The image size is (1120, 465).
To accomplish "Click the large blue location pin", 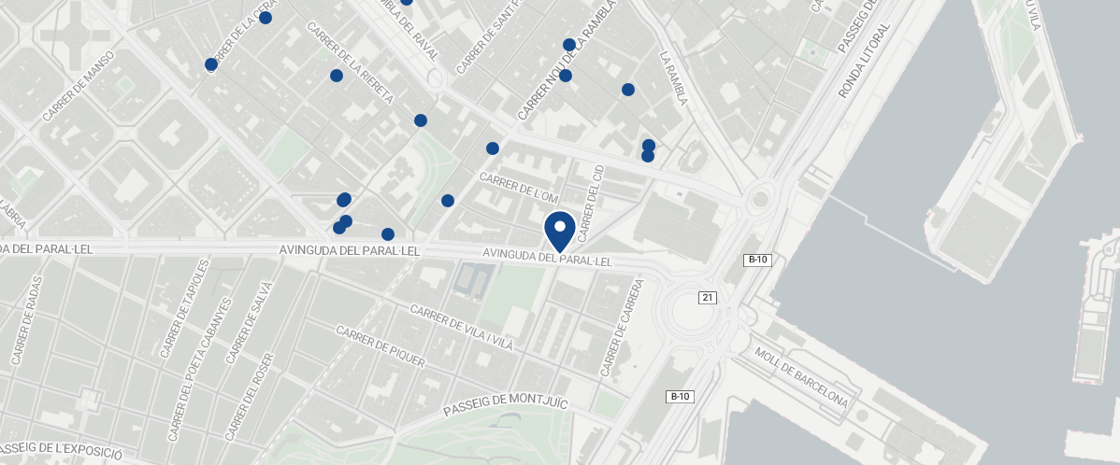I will pyautogui.click(x=560, y=230).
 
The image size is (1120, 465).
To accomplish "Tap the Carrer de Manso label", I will pyautogui.click(x=79, y=86).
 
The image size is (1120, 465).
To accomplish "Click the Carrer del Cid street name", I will pyautogui.click(x=593, y=199).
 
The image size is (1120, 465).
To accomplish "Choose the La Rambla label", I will pyautogui.click(x=674, y=77).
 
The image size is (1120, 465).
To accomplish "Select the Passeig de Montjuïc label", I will pyautogui.click(x=505, y=403).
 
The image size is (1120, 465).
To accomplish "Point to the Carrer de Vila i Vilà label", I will pyautogui.click(x=462, y=327).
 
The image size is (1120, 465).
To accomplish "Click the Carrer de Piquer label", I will pyautogui.click(x=380, y=347).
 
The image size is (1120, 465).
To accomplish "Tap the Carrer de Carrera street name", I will pyautogui.click(x=624, y=327).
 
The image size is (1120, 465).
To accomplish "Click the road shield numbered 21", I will pyautogui.click(x=708, y=297).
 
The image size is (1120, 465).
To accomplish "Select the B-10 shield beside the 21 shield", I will pyautogui.click(x=757, y=260).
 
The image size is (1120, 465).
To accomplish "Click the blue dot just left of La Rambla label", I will pyautogui.click(x=628, y=90).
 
